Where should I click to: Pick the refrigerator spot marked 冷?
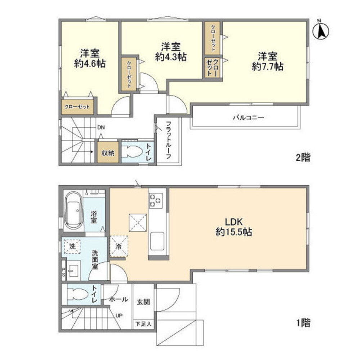119,247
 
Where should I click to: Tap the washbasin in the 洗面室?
73,271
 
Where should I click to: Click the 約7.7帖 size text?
267,67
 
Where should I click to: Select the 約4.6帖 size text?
90,64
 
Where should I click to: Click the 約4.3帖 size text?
171,57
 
